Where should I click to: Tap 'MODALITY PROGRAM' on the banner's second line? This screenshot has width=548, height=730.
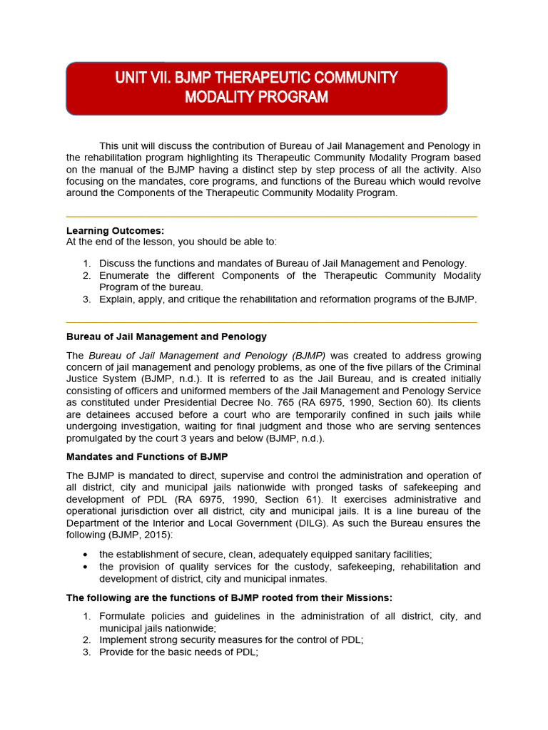256,98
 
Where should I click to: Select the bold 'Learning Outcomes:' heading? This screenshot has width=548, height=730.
115,231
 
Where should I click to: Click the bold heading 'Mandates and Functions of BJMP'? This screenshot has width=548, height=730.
147,456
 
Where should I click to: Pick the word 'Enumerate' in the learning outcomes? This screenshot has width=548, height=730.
123,275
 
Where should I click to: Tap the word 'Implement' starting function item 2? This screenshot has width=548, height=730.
123,640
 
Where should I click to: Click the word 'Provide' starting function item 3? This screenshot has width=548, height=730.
116,652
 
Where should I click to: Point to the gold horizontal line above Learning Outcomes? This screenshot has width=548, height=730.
271,216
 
